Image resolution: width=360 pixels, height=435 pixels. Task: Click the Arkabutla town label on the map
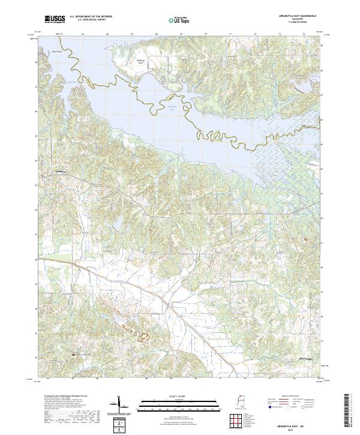click(58, 170)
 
